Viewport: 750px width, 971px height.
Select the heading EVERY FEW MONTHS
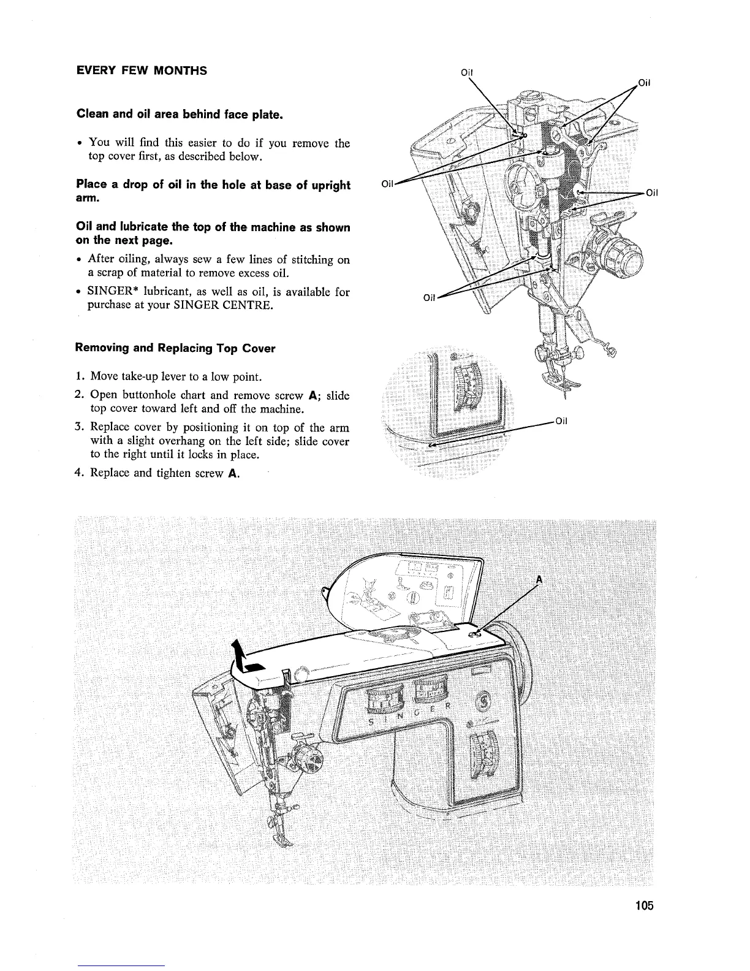click(x=141, y=70)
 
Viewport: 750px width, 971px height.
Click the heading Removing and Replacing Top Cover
click(x=175, y=348)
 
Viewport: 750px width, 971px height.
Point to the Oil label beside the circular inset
click(x=561, y=421)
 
